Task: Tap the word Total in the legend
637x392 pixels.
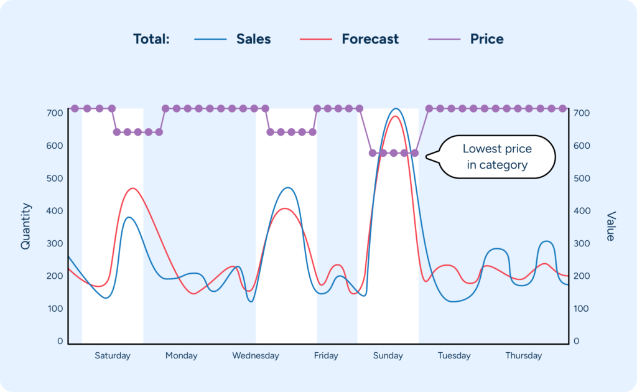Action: pos(151,39)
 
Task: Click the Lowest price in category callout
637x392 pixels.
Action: pos(497,157)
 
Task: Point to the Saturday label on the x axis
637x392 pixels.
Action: pos(113,356)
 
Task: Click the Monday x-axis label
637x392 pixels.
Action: pos(181,356)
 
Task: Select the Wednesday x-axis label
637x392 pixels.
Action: pos(256,356)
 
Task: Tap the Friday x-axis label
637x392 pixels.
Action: pos(326,356)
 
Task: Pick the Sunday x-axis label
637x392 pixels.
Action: pos(388,356)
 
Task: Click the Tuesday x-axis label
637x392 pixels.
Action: pos(453,356)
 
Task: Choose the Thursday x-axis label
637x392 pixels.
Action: pos(523,356)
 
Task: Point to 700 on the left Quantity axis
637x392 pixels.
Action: pos(55,113)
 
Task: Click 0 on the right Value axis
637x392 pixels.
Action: pos(576,342)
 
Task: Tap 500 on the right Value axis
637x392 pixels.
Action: pos(581,179)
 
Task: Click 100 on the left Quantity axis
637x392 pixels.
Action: pos(55,309)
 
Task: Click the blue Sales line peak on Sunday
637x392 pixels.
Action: pos(395,109)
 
